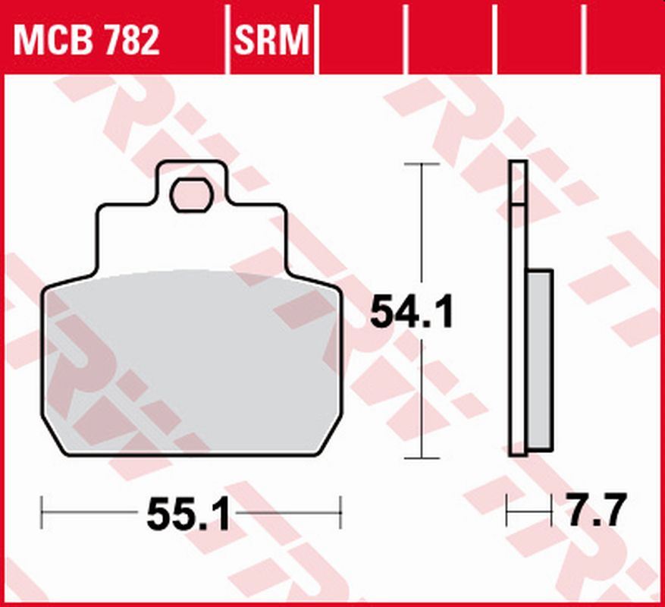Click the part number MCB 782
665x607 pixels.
click(86, 39)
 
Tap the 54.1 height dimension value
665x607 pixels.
click(411, 313)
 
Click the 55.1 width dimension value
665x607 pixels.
click(187, 517)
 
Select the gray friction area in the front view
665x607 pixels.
click(190, 364)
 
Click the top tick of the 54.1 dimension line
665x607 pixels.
click(422, 163)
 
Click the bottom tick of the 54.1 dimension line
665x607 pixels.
click(422, 458)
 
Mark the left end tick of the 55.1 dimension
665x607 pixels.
click(42, 512)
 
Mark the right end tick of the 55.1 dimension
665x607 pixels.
click(341, 512)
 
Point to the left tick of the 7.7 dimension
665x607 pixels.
click(509, 512)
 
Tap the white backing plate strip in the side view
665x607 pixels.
click(517, 319)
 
